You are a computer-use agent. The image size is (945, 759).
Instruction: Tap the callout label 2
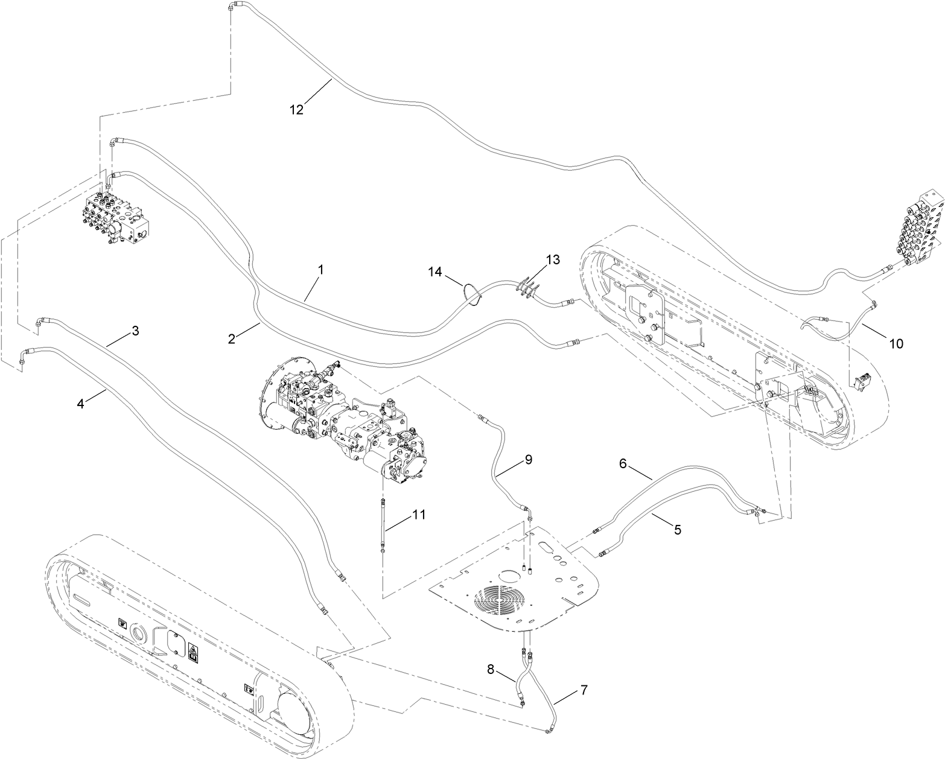pyautogui.click(x=232, y=338)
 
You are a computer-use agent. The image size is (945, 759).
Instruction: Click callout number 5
pyautogui.click(x=677, y=530)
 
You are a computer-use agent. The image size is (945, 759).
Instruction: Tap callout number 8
pyautogui.click(x=491, y=668)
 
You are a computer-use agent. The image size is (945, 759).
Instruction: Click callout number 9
pyautogui.click(x=528, y=460)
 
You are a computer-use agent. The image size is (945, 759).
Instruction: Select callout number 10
pyautogui.click(x=896, y=344)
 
